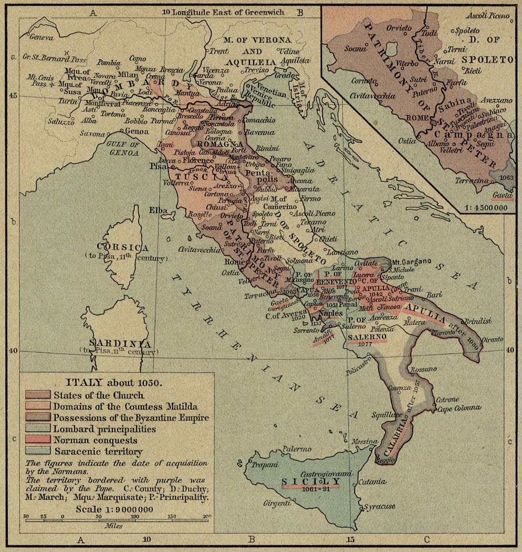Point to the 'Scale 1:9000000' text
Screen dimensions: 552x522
[x=114, y=509]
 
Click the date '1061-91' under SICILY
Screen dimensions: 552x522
[x=310, y=489]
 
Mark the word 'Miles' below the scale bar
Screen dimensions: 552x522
[x=113, y=526]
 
